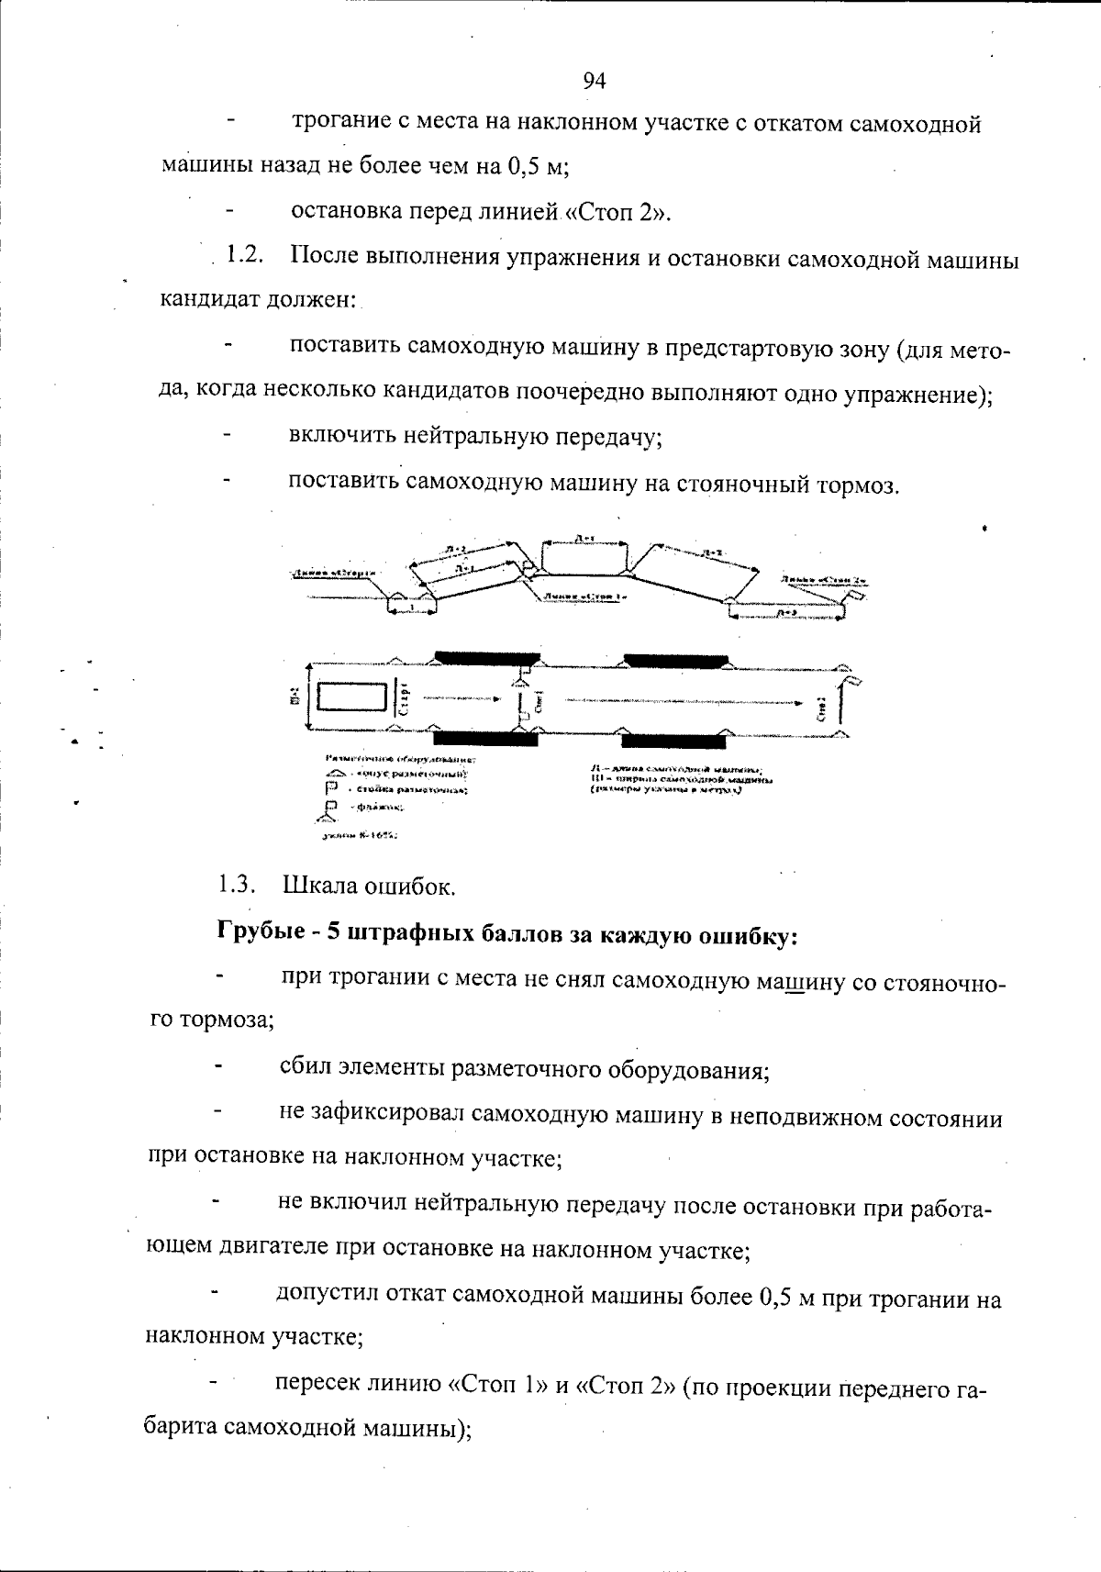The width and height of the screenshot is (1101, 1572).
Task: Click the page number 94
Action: coord(595,81)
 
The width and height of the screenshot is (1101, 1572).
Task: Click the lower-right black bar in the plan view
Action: coord(673,737)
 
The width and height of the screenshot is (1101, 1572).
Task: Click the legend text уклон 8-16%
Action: coord(359,836)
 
